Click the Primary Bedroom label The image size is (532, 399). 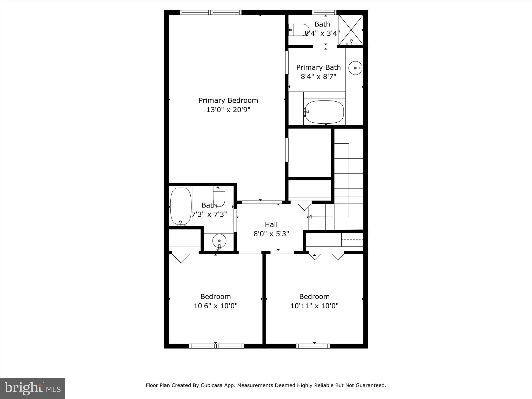click(228, 100)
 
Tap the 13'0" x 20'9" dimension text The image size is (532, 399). click(228, 110)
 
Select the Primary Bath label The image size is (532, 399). click(318, 67)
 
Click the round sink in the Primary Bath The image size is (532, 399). click(355, 68)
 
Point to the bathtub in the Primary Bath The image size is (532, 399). click(324, 112)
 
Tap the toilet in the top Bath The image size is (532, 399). click(299, 30)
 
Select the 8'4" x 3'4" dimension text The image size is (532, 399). click(322, 33)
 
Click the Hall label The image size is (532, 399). click(271, 224)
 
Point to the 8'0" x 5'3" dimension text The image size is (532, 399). click(271, 234)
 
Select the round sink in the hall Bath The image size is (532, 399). click(219, 241)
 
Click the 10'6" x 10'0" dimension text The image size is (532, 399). click(216, 306)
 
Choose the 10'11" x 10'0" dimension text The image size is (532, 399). click(314, 306)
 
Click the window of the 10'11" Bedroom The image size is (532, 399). click(313, 346)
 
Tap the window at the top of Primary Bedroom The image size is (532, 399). click(210, 12)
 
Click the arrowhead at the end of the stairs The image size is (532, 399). click(310, 217)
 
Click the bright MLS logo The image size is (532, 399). click(32, 388)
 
